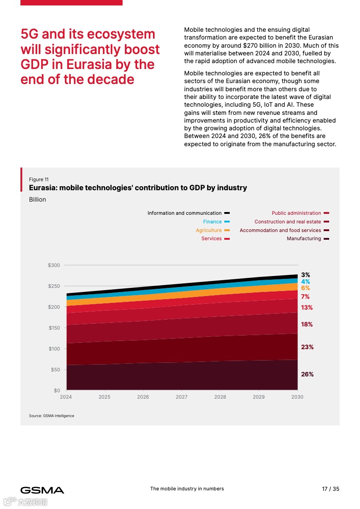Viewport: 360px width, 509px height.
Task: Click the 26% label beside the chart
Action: [x=307, y=375]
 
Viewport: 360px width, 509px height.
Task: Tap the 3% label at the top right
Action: [x=306, y=275]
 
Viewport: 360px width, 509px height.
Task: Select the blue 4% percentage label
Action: [x=306, y=282]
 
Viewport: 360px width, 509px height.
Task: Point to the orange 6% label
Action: [x=306, y=288]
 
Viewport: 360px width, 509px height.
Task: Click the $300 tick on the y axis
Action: [x=54, y=265]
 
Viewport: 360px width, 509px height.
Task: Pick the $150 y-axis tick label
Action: [x=54, y=328]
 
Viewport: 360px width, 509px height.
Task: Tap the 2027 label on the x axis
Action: [x=182, y=397]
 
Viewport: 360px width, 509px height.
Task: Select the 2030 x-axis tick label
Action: [x=297, y=397]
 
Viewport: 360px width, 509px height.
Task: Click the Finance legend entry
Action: [x=212, y=222]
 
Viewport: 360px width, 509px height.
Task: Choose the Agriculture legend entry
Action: [x=209, y=230]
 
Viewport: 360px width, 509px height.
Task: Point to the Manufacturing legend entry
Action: [x=304, y=238]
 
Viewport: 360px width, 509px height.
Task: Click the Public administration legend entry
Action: [x=296, y=213]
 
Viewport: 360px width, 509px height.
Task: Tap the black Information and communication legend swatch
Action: [x=227, y=213]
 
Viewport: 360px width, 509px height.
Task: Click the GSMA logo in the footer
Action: [x=42, y=490]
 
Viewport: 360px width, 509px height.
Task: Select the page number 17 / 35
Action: [x=330, y=489]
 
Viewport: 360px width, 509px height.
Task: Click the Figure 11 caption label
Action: [x=39, y=179]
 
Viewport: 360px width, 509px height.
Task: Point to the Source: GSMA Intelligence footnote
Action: [x=51, y=416]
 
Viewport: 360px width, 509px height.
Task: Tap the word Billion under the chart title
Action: [x=37, y=199]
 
